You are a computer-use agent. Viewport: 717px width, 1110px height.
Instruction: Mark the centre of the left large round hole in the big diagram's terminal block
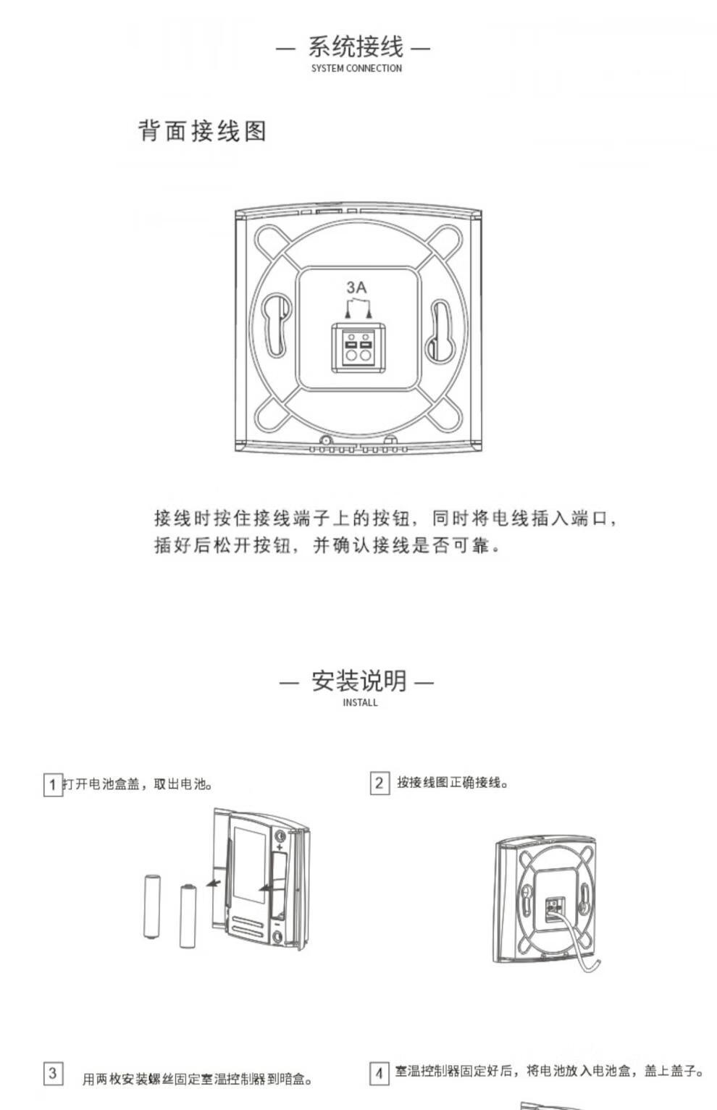point(351,356)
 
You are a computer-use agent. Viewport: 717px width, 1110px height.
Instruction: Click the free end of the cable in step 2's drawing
point(597,960)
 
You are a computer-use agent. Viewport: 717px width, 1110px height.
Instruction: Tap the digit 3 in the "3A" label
point(351,287)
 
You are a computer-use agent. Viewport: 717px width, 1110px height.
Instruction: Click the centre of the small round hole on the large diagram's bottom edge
point(326,440)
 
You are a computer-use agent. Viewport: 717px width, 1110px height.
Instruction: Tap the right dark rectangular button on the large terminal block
point(366,344)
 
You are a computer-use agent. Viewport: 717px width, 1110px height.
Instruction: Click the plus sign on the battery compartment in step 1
point(280,847)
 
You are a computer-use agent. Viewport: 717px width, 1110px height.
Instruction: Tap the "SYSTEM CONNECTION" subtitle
point(356,68)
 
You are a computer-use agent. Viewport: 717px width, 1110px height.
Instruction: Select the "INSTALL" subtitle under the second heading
point(360,702)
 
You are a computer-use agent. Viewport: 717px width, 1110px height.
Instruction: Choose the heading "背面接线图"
point(202,131)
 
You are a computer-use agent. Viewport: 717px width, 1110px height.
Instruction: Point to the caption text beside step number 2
point(453,783)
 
